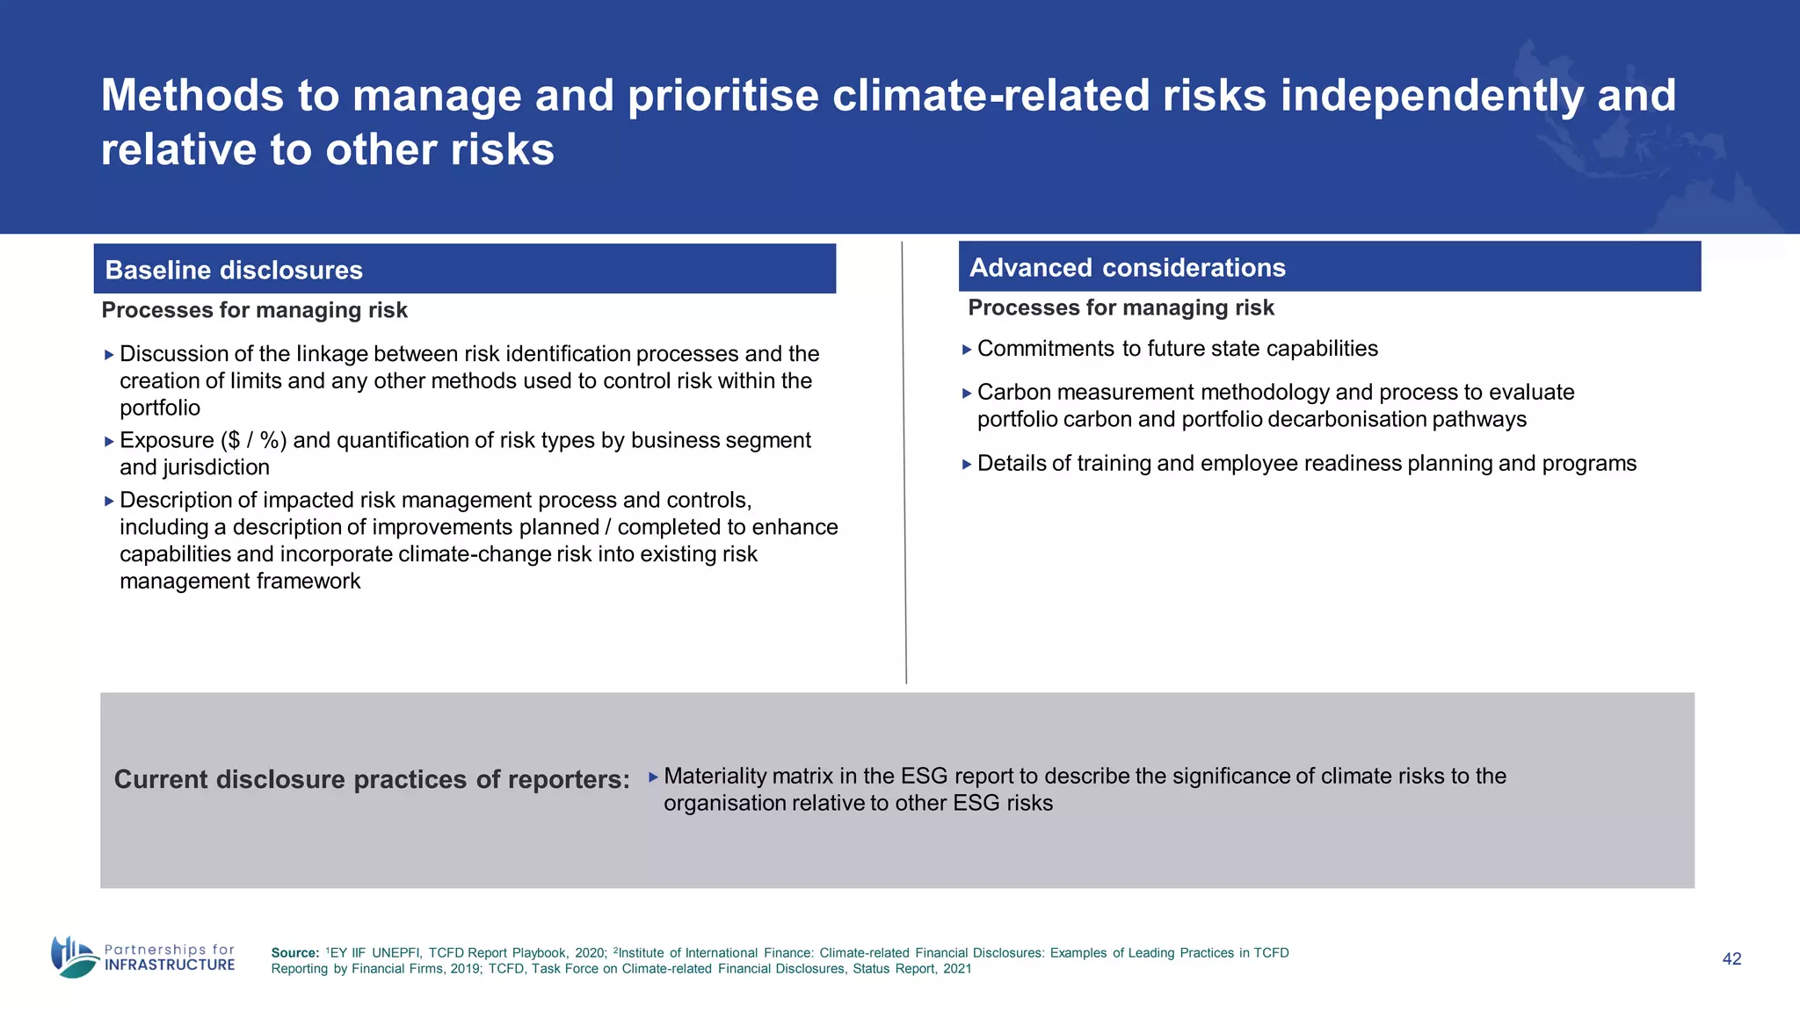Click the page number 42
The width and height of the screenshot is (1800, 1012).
click(1731, 959)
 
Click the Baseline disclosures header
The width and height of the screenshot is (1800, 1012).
click(234, 270)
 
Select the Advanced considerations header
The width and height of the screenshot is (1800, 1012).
click(1127, 267)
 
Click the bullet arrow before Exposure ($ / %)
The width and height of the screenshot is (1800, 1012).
click(109, 442)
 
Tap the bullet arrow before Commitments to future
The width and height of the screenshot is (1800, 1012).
click(967, 350)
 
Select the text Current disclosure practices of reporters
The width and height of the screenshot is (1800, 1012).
click(372, 779)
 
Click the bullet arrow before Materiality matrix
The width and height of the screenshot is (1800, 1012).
click(653, 777)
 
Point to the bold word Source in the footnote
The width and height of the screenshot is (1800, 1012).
click(294, 953)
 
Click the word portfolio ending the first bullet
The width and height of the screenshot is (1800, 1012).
click(160, 408)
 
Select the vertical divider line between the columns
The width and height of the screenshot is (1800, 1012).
click(904, 466)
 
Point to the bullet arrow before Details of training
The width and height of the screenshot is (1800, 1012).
click(967, 465)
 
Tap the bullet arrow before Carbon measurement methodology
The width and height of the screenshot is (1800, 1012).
click(967, 394)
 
